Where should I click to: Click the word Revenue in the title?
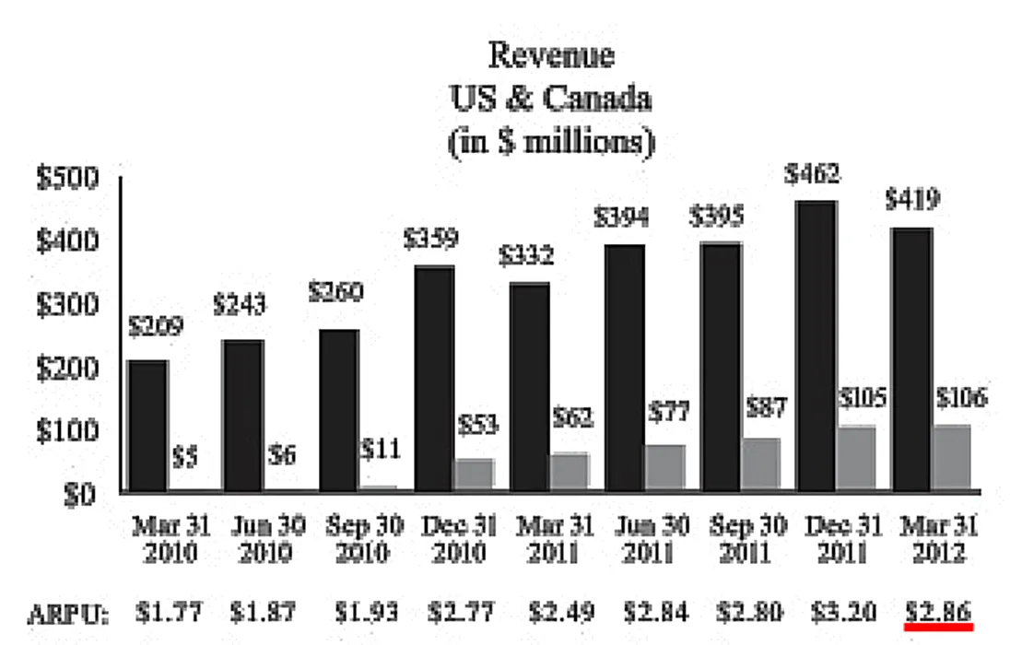click(551, 55)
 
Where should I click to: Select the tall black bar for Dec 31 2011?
click(816, 346)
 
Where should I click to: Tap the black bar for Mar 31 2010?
click(147, 426)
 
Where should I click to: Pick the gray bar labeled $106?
click(950, 458)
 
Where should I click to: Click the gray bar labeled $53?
click(474, 474)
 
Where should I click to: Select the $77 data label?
click(665, 412)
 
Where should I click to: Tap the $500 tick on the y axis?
click(67, 179)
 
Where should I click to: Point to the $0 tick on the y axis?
click(79, 494)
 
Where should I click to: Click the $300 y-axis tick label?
click(67, 305)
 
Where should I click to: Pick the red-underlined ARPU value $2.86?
click(937, 611)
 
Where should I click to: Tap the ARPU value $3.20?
click(841, 611)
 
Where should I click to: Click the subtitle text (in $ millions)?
click(551, 141)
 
